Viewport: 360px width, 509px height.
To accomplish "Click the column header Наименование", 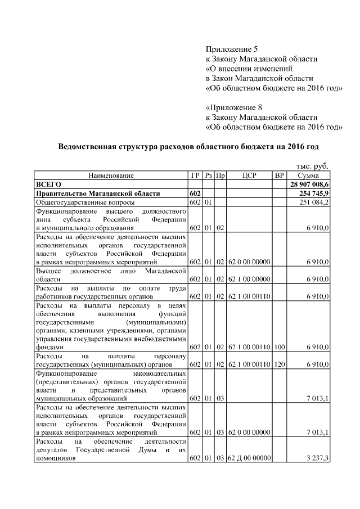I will click(111, 175).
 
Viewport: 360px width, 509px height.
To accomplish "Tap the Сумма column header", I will click(309, 175).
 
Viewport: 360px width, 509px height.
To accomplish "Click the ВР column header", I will click(280, 175).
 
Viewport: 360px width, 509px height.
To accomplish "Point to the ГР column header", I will click(195, 175).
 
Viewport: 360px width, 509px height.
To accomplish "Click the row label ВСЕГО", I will click(48, 184).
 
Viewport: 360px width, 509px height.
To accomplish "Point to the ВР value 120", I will click(280, 364).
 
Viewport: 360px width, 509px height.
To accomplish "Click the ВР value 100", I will click(280, 348).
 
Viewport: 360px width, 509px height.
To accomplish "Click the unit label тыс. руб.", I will click(312, 166).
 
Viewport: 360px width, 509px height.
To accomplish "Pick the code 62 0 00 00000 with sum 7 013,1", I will click(249, 432).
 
